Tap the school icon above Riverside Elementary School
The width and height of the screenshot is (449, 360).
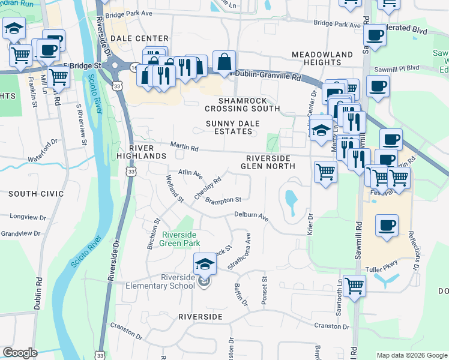(204, 262)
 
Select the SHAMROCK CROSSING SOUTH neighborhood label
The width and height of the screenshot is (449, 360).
(242, 104)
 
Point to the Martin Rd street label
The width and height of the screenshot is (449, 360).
(184, 146)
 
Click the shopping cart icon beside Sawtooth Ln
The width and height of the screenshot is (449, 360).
(354, 285)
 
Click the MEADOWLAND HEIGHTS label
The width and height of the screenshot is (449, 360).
(322, 58)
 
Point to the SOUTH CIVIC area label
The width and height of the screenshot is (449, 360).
(36, 194)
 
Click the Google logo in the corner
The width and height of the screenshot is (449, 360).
(20, 353)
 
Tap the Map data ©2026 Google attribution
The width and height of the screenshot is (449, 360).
(411, 355)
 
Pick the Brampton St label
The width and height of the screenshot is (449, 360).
(223, 200)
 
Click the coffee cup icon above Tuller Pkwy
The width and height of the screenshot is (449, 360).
(386, 226)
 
